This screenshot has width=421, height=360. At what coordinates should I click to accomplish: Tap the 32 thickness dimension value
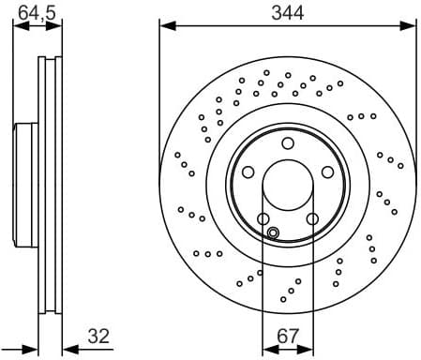point(99,335)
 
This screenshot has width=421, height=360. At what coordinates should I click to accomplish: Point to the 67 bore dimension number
point(287,335)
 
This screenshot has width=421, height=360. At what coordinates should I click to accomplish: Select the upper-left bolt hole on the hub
point(248,172)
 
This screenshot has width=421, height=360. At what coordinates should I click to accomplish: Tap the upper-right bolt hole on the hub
point(327,172)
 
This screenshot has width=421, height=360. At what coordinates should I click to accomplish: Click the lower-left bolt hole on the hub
point(263,219)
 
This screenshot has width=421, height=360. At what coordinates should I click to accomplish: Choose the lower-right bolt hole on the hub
point(312,219)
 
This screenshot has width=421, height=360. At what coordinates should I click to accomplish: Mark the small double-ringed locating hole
point(273,232)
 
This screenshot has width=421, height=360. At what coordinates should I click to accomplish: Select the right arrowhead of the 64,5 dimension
point(58,25)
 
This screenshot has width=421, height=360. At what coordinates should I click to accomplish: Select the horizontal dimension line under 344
point(287,25)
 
